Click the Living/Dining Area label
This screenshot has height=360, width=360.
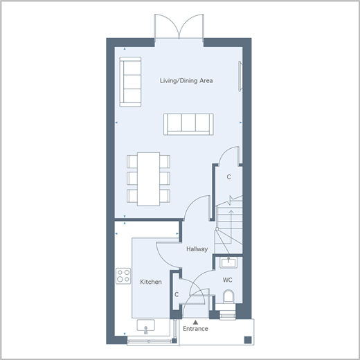[186, 80]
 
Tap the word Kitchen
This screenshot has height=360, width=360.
[151, 282]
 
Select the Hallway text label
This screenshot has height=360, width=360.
[197, 249]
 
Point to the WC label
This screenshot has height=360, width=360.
[228, 280]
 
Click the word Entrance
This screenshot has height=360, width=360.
[195, 329]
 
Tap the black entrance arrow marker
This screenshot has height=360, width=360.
[195, 322]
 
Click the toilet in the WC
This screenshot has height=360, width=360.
[228, 296]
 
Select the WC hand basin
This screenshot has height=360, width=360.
[228, 263]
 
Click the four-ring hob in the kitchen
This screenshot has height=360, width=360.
[123, 276]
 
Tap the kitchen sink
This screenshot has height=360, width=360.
[146, 326]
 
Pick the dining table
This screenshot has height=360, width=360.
[148, 179]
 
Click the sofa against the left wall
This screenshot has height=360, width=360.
[130, 82]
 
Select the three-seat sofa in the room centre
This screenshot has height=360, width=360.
[188, 124]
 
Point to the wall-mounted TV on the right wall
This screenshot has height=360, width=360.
[240, 76]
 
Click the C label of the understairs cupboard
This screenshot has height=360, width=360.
[228, 177]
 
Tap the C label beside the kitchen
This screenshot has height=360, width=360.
[177, 295]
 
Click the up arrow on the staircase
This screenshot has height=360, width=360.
[231, 226]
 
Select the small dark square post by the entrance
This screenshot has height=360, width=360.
[248, 340]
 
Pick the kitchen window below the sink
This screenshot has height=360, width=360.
[150, 341]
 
